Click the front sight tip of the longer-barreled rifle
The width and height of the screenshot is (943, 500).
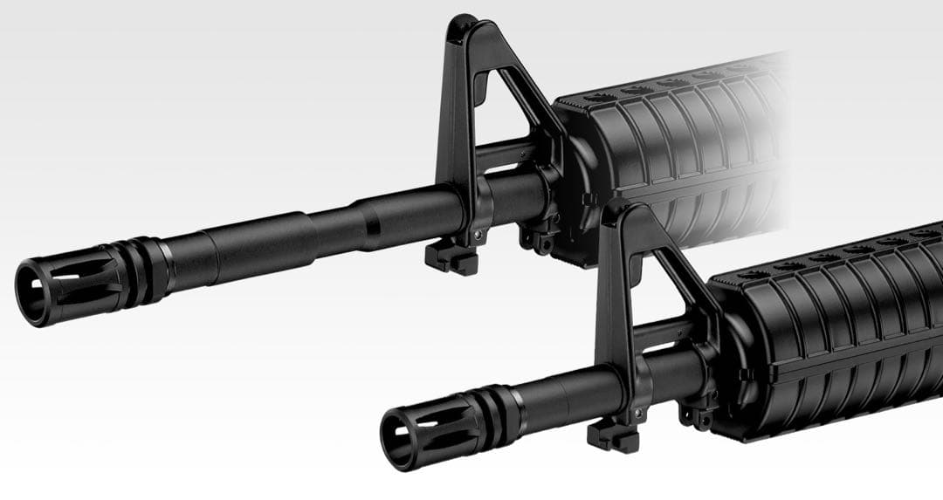tap(462, 21)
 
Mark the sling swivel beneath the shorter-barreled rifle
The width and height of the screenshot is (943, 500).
tap(697, 416)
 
